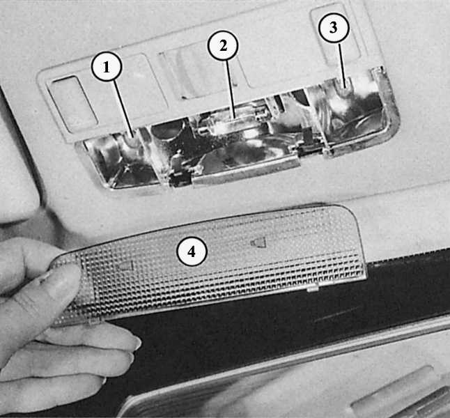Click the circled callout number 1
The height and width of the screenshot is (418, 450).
coord(107,67)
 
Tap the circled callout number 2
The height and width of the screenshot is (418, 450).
coord(223,46)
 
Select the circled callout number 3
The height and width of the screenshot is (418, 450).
coord(334,28)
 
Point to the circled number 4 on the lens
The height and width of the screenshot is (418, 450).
coord(192,251)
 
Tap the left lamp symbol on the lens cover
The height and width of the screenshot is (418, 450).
coord(126,266)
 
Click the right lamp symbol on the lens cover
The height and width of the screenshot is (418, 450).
coord(258,243)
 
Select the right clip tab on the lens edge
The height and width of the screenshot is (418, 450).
coord(313,288)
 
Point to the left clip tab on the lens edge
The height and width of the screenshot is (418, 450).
coord(94,321)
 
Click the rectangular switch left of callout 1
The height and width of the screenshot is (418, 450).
coord(72,104)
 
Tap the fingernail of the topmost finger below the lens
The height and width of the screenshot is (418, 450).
coord(137,343)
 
